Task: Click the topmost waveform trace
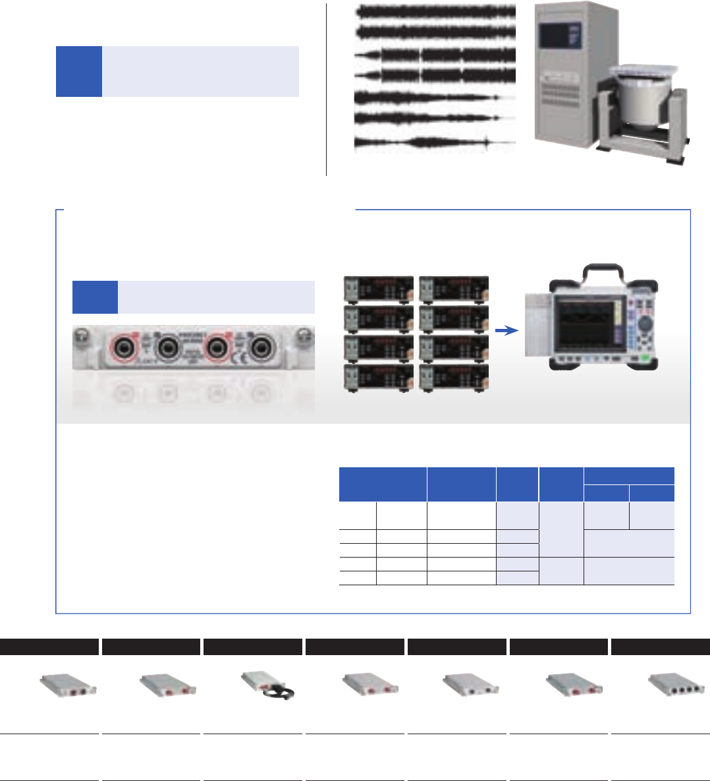coord(435,11)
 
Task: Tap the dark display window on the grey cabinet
coord(559,34)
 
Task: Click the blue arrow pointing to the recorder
coord(506,331)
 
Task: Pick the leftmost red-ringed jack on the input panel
coord(123,345)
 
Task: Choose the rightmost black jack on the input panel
coord(261,345)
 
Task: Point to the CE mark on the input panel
coord(243,360)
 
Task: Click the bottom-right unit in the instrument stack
coord(454,378)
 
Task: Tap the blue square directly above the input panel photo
coord(95,297)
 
